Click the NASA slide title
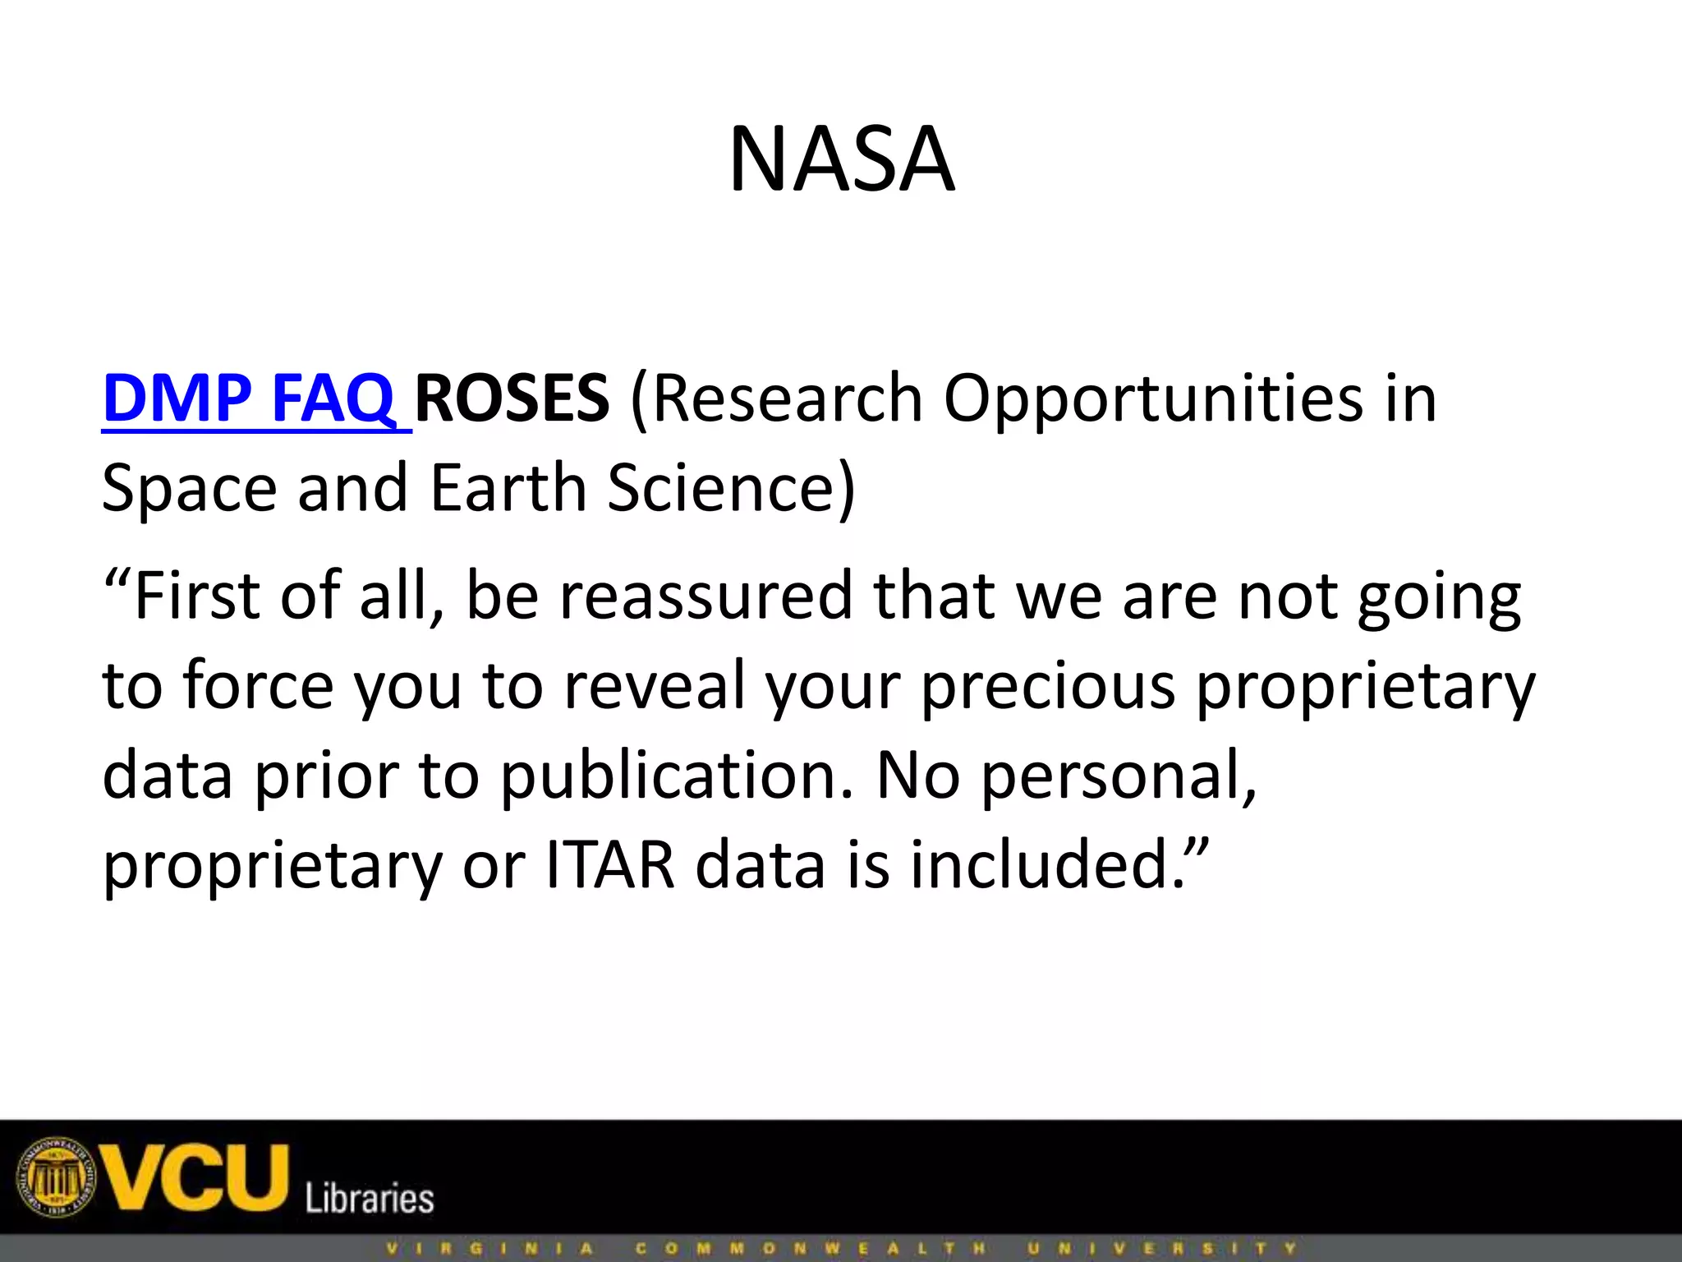click(841, 159)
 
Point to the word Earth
click(508, 488)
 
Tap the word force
click(258, 685)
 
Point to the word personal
click(1119, 776)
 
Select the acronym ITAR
click(609, 864)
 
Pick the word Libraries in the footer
click(370, 1198)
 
